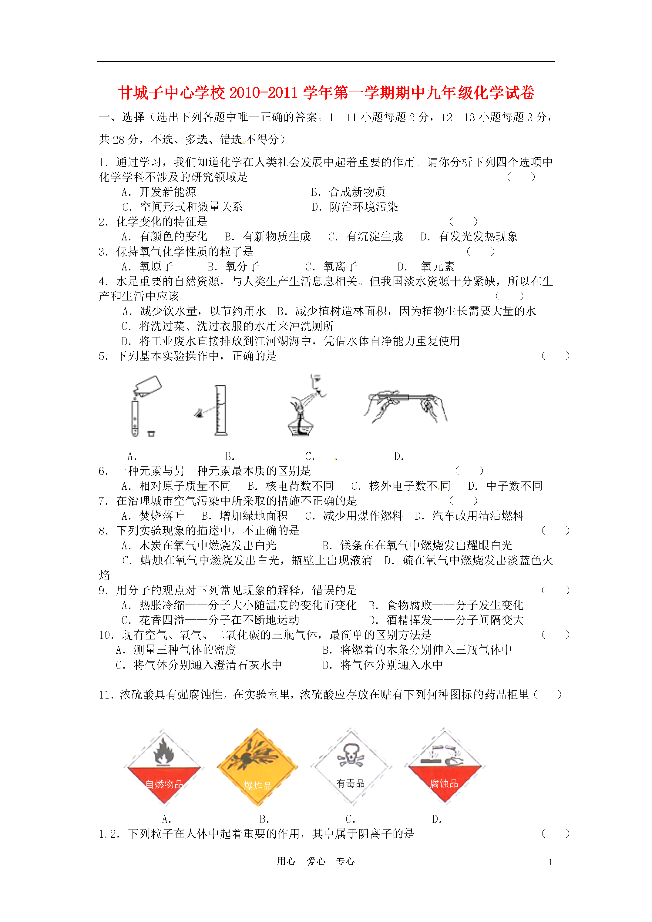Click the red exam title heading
coord(326,93)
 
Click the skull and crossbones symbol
coord(350,755)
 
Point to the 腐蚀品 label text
coord(444,783)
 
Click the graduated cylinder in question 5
coord(220,410)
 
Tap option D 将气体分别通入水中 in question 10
coord(382,665)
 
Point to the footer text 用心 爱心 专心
coord(316,861)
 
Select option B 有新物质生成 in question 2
coord(267,236)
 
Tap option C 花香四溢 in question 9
coord(210,620)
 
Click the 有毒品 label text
coord(350,783)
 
